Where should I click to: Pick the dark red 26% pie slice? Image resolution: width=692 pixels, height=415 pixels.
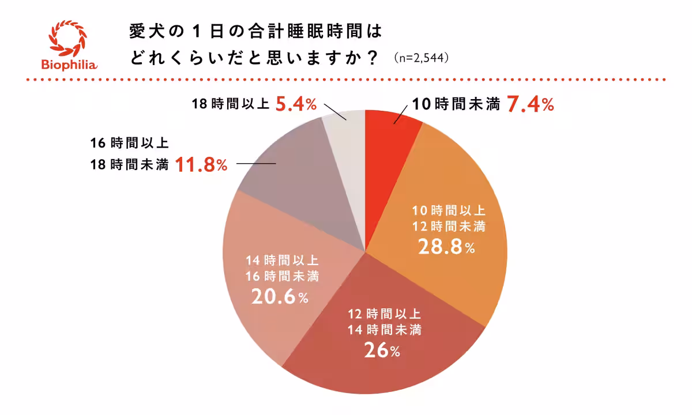coord(381,346)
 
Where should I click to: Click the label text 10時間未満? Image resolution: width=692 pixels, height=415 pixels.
coord(456,105)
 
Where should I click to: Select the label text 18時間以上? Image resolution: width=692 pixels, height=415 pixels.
coord(231,105)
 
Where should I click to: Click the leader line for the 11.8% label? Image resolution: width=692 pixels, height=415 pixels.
coord(256,165)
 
